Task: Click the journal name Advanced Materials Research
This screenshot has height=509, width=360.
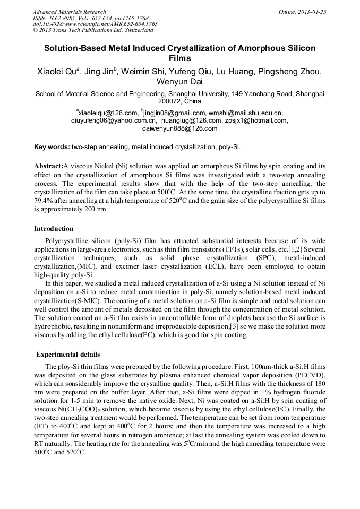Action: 70,12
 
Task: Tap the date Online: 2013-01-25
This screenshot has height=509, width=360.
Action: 303,12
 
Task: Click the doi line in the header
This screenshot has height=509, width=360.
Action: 95,24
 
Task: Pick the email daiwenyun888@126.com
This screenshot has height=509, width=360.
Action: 180,128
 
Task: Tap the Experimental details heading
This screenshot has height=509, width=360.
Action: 68,355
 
